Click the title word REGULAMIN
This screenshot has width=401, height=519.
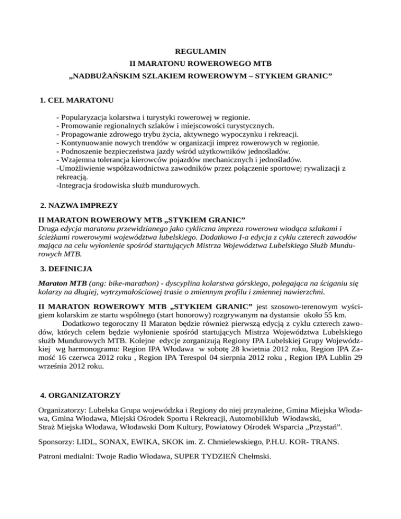coord(200,52)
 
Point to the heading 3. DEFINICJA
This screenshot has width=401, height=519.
coord(66,269)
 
